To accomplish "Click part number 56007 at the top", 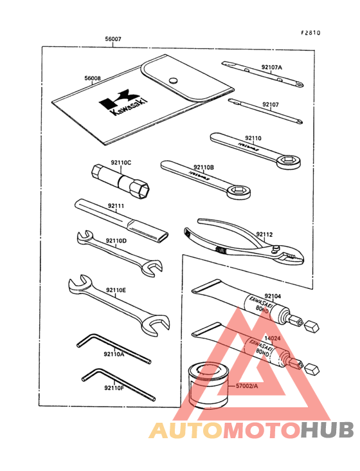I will [113, 39].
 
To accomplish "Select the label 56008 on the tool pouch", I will [93, 78].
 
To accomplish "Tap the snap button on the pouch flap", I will [172, 80].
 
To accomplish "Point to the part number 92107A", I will [271, 67].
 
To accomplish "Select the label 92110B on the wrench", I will [203, 167].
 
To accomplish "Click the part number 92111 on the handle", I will [116, 206].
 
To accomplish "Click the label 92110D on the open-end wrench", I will [116, 241].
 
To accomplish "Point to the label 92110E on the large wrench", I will [116, 290].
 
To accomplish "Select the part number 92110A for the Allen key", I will [114, 354].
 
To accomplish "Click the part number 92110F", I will [113, 387].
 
